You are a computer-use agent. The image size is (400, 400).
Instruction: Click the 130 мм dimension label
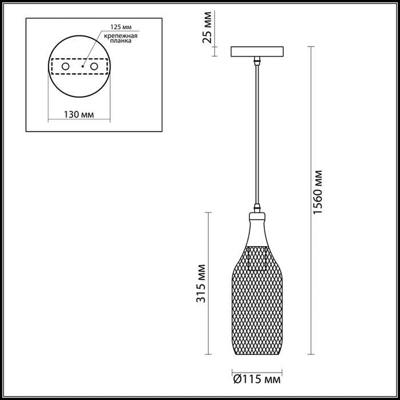click(x=78, y=114)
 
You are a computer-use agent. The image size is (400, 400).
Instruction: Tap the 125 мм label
click(x=121, y=27)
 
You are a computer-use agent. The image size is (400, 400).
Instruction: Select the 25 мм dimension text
click(x=207, y=27)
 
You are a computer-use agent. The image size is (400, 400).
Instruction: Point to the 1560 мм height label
click(x=318, y=192)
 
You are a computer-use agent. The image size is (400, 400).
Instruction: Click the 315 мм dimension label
click(x=201, y=284)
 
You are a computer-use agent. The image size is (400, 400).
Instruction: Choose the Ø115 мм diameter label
click(x=257, y=379)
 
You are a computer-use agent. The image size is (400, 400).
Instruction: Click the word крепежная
click(x=121, y=36)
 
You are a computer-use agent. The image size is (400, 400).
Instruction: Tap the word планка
click(x=121, y=41)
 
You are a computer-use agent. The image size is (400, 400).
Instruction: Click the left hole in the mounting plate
click(x=66, y=66)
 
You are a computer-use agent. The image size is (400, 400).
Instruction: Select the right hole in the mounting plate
click(x=94, y=66)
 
